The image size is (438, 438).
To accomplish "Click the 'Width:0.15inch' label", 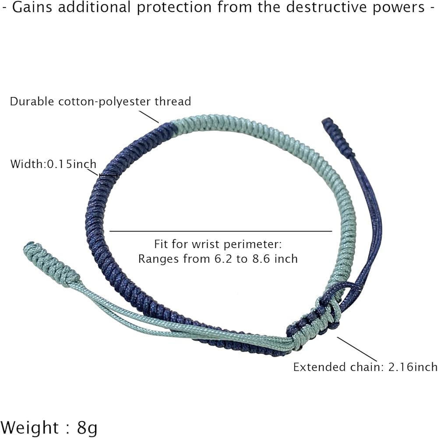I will [x=53, y=164].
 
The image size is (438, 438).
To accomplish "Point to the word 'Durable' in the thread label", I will [x=33, y=102].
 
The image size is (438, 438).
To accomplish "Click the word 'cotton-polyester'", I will [x=105, y=102].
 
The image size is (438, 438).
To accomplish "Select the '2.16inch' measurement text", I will [x=413, y=367].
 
